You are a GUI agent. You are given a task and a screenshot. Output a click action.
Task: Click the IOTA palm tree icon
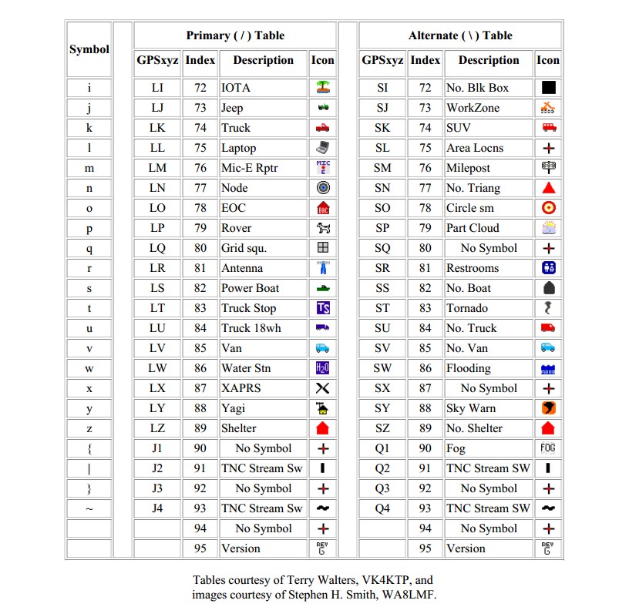coord(323,88)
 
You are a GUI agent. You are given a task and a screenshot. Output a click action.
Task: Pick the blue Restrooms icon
coord(549,268)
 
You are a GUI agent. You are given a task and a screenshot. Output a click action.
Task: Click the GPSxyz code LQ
coord(157,248)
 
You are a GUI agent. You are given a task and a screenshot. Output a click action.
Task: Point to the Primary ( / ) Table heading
coord(235,35)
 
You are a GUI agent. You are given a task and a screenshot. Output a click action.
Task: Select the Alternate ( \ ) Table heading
coord(460,35)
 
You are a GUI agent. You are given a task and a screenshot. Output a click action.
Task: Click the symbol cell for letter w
coord(89,368)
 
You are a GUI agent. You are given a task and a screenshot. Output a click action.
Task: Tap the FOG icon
coord(548,448)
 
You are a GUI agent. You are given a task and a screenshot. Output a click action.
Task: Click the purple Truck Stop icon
coord(323,308)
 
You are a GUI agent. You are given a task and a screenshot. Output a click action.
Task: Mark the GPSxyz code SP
coord(382,228)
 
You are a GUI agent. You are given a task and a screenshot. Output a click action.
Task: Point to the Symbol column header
coord(89,49)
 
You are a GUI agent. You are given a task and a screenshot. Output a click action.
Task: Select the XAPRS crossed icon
coord(323,388)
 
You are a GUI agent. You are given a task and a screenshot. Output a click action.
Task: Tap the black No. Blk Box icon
coord(549,88)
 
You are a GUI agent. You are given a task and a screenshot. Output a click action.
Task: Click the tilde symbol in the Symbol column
coord(89,508)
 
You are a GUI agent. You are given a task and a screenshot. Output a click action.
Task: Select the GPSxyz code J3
coord(157,488)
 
